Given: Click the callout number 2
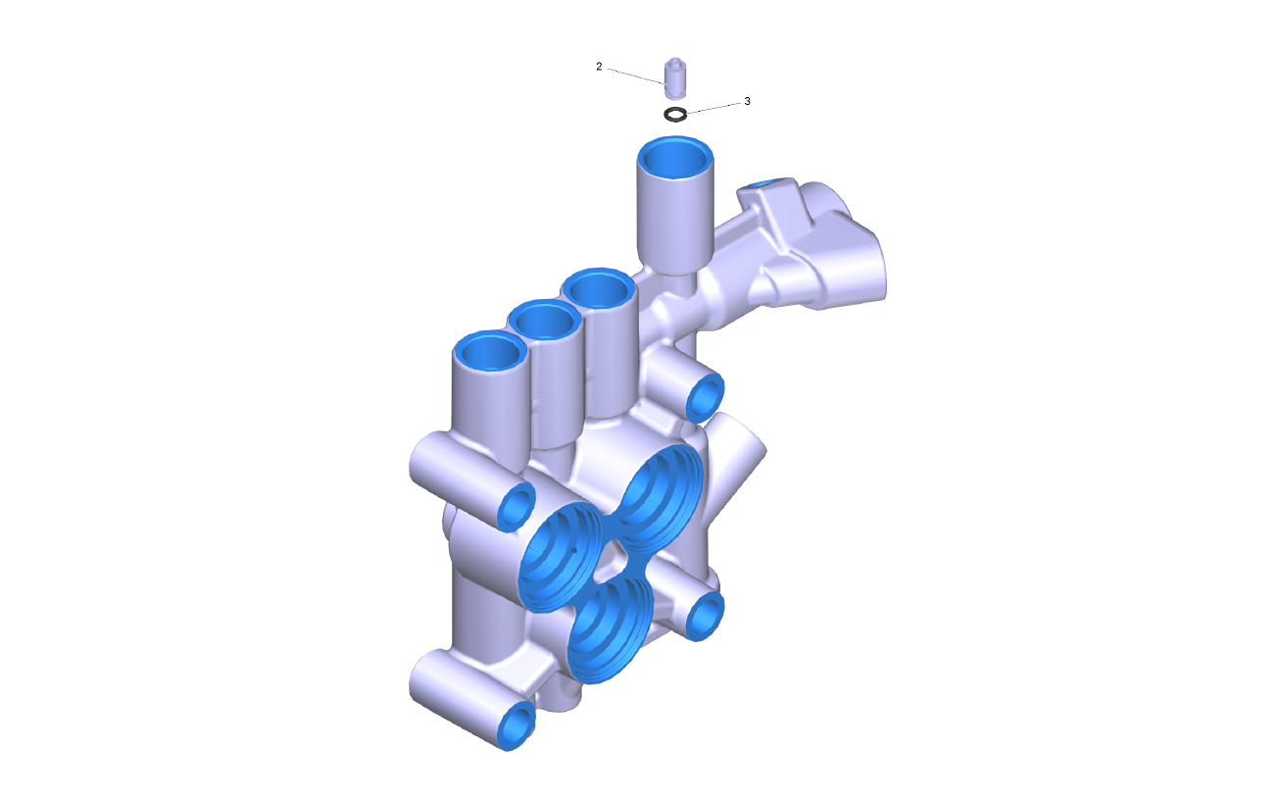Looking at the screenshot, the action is (x=599, y=67).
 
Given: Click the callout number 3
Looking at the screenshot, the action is (x=747, y=101).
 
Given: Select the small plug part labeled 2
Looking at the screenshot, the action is (x=675, y=78).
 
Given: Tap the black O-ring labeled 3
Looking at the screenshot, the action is (x=675, y=115).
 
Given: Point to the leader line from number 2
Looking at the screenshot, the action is (x=635, y=76).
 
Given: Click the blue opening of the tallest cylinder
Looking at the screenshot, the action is (x=675, y=158).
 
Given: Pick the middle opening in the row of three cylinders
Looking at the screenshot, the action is (x=544, y=321).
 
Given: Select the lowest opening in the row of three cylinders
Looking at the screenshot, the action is (x=489, y=352).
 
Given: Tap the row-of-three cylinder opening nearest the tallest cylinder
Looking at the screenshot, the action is (x=598, y=289).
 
